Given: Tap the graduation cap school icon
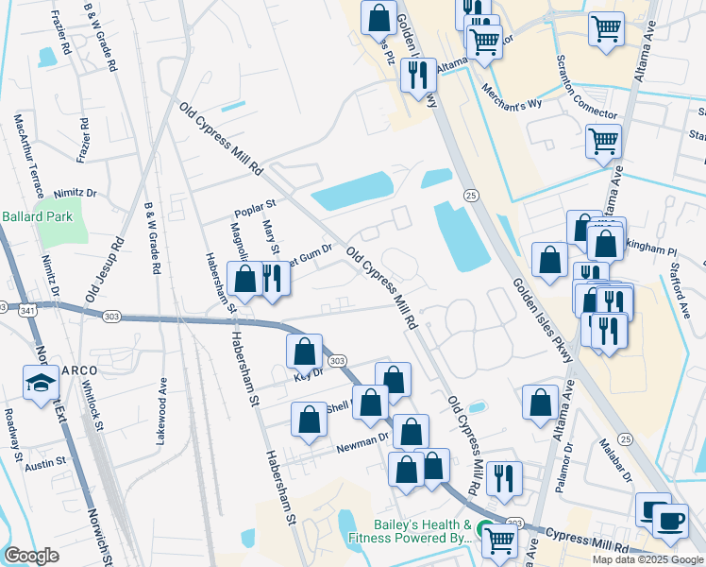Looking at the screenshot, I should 41,384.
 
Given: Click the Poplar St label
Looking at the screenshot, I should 255,204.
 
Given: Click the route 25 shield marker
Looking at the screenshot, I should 469,195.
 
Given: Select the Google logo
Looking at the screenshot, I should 32,556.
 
